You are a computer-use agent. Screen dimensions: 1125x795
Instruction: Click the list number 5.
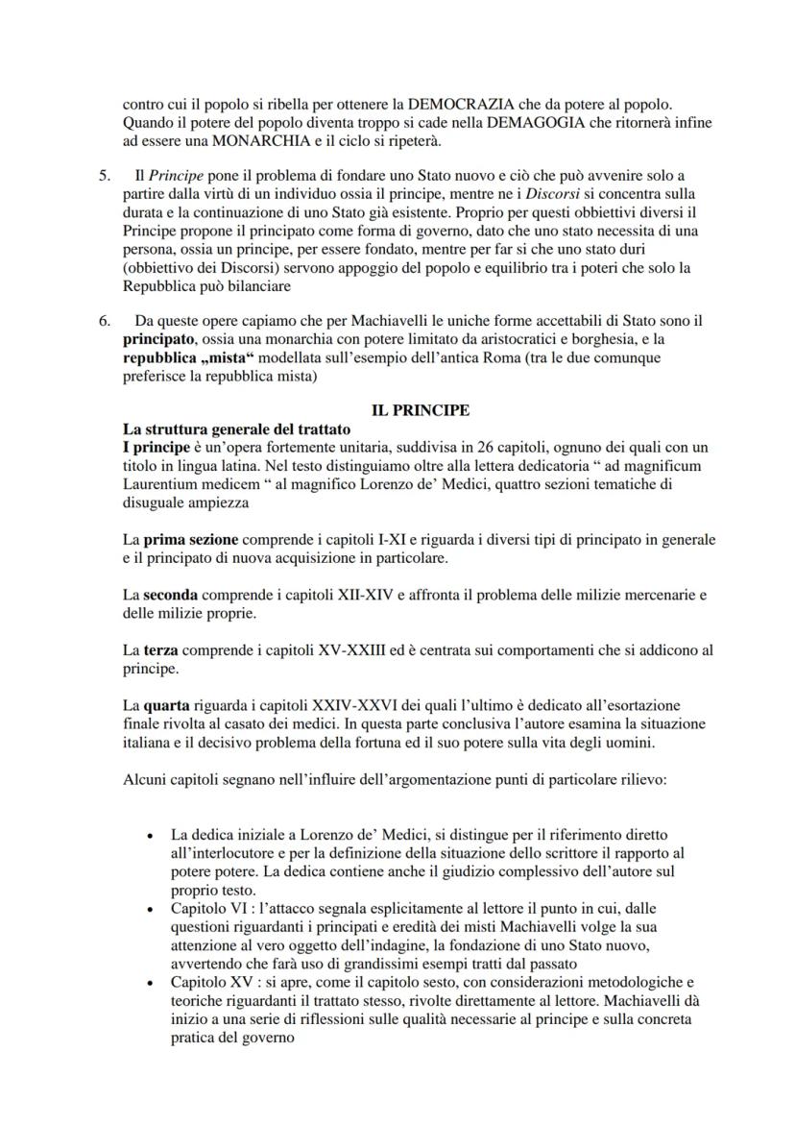click(104, 176)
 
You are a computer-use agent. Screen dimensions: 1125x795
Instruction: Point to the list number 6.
click(104, 321)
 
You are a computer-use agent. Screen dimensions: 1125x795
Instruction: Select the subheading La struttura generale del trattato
click(229, 428)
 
